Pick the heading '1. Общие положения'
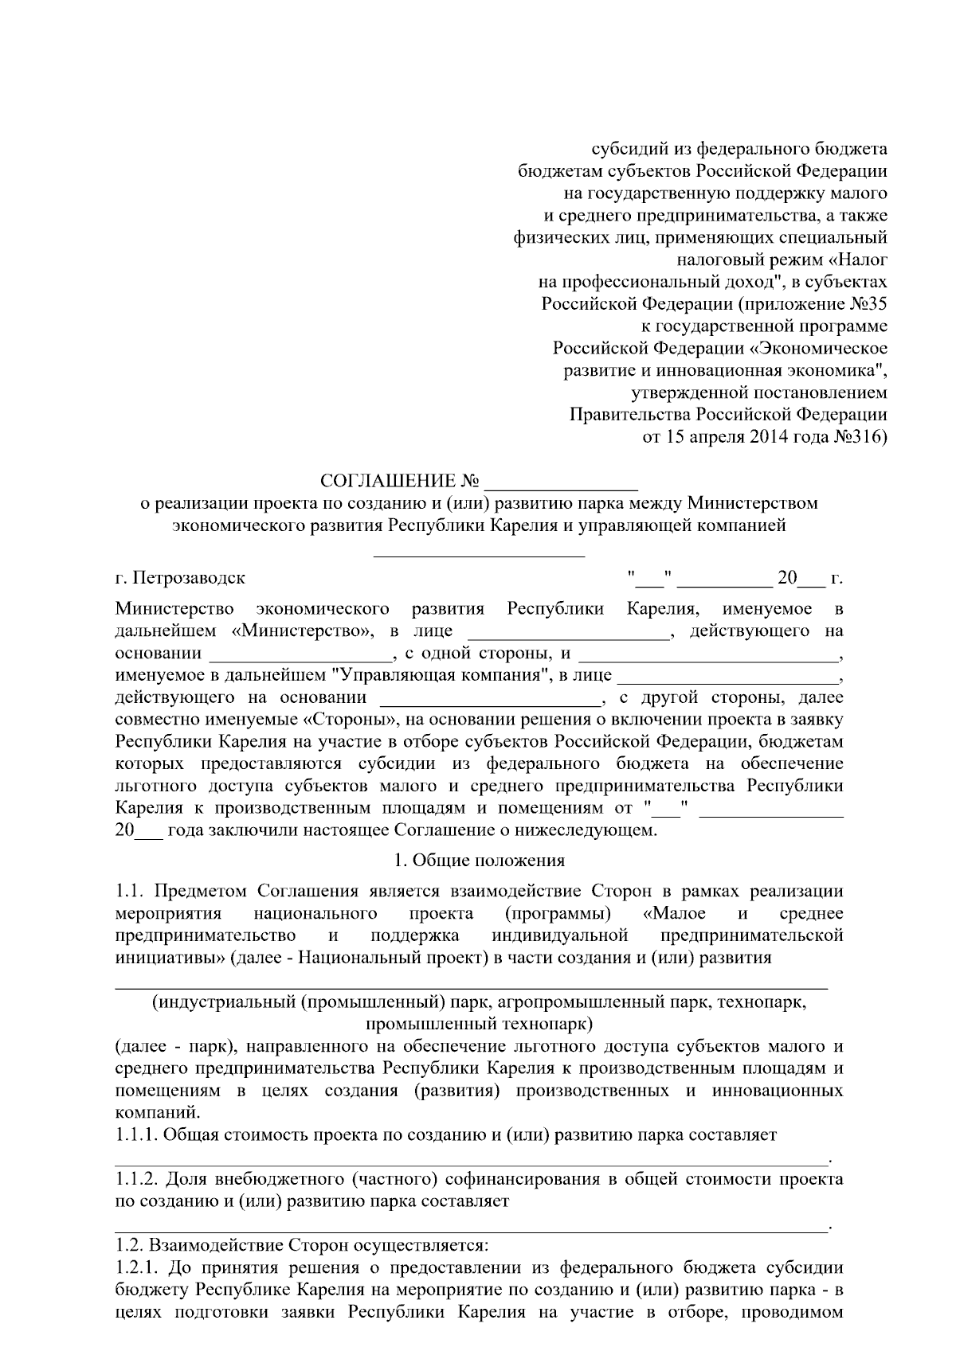click(x=480, y=860)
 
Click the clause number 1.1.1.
click(x=136, y=1134)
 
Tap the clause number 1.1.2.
click(x=136, y=1178)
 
